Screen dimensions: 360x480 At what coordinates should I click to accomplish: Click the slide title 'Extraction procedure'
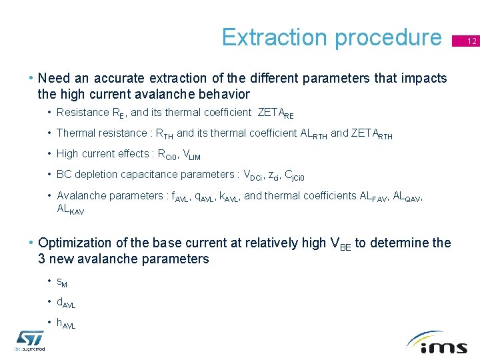tap(331, 37)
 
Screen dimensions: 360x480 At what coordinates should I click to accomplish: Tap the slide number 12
tap(471, 41)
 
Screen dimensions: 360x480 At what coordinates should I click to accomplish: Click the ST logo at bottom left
tap(30, 340)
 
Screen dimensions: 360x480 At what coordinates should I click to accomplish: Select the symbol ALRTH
tap(314, 134)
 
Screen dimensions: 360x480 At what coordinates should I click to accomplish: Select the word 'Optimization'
tap(75, 243)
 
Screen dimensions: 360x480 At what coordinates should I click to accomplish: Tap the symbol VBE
tap(341, 244)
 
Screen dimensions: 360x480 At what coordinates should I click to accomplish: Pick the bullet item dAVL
tap(66, 303)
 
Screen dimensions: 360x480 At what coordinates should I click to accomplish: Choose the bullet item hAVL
tap(66, 324)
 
